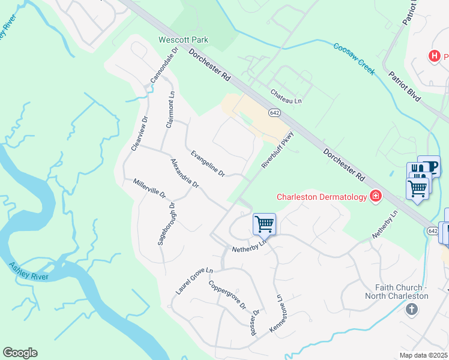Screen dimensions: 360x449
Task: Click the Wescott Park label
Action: tap(183, 40)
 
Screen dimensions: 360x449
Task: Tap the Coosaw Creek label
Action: tap(354, 58)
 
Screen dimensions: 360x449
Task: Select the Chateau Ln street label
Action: tap(286, 96)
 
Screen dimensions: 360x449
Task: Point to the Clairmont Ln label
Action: tap(170, 110)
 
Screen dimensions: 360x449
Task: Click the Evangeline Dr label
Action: tap(208, 164)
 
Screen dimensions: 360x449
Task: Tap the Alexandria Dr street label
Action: tap(184, 173)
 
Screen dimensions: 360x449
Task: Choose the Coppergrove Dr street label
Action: tap(228, 294)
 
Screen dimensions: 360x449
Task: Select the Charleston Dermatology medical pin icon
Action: tap(376, 196)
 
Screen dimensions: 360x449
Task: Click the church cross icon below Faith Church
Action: tap(411, 310)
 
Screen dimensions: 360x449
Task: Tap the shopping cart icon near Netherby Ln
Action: tap(264, 224)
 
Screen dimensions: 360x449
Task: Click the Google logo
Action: tap(20, 353)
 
